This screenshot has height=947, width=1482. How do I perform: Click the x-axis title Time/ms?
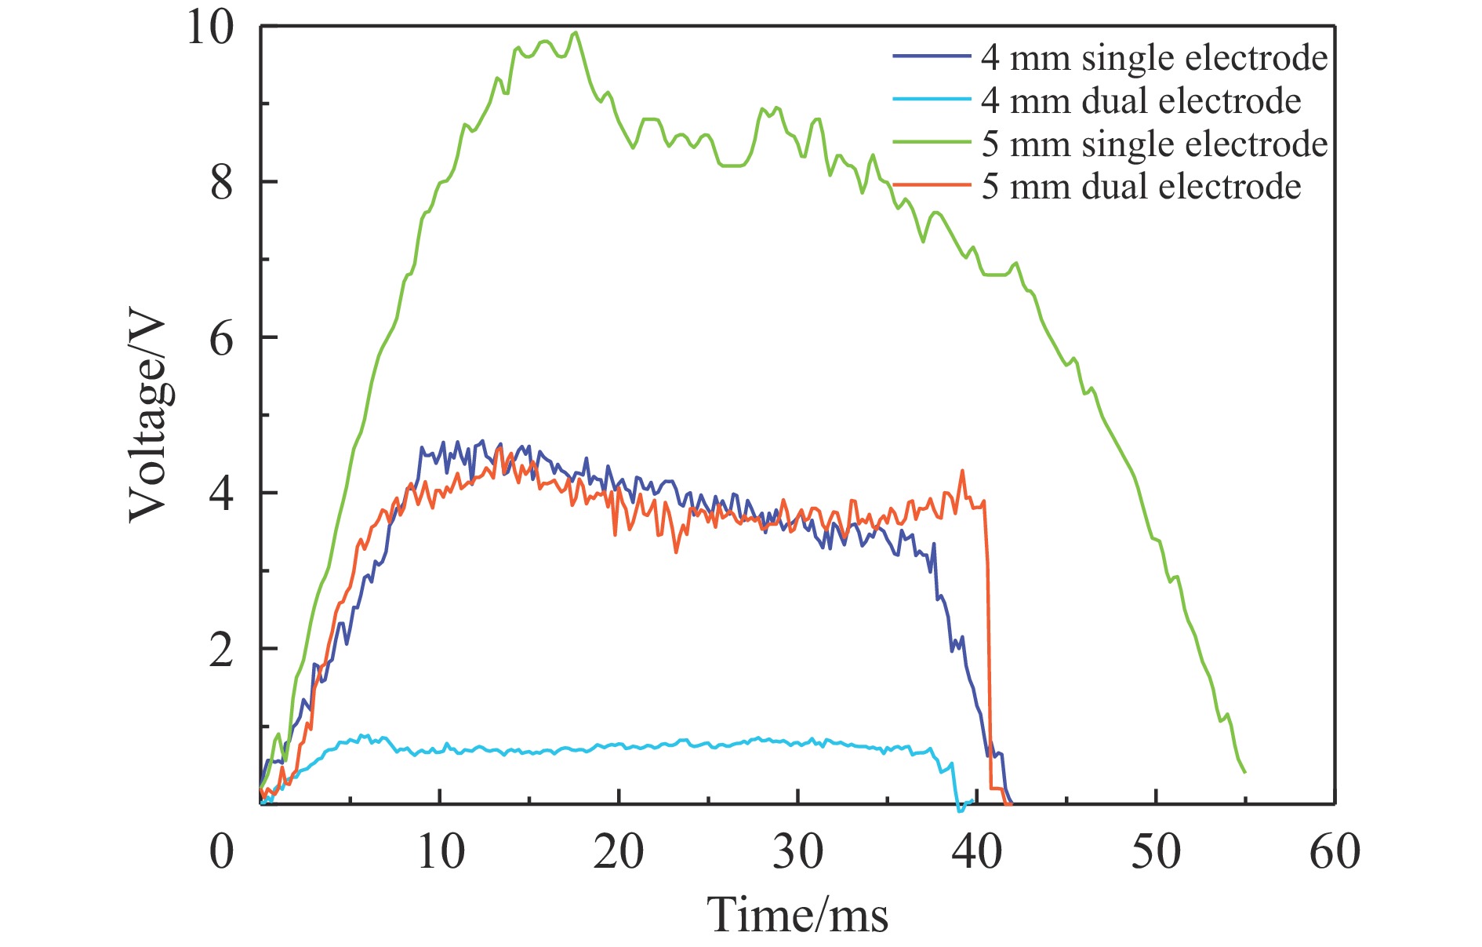[797, 915]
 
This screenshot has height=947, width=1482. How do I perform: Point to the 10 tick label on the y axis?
[209, 28]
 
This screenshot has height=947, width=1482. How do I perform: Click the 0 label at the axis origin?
[222, 851]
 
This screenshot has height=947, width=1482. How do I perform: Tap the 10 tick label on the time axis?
[441, 851]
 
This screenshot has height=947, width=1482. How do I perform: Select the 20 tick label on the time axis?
[619, 851]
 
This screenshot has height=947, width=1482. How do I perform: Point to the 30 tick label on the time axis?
[797, 851]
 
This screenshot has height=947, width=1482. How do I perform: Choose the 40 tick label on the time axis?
[976, 851]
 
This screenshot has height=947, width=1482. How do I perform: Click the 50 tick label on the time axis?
[1156, 851]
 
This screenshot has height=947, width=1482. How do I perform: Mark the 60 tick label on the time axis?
[1335, 851]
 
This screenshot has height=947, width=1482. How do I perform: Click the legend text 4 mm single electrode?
[1154, 58]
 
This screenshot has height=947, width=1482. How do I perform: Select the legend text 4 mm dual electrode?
[1141, 101]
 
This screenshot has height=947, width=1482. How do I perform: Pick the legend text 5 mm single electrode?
[1154, 144]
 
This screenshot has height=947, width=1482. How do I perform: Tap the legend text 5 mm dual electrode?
[1141, 187]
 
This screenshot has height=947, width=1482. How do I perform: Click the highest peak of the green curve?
[576, 32]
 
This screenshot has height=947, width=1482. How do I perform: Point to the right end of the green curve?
[1244, 773]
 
